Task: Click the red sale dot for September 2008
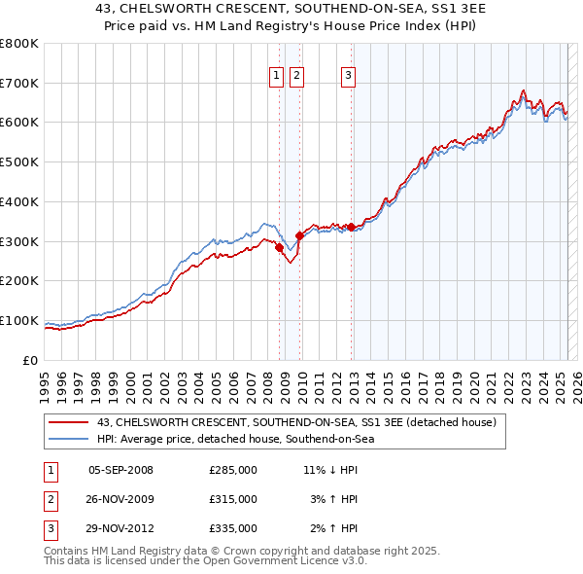click(279, 247)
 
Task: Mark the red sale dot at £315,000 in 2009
click(299, 235)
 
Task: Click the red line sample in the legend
click(68, 422)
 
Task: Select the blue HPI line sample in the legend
click(68, 439)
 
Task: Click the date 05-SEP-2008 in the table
click(120, 470)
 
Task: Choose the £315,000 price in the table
click(233, 499)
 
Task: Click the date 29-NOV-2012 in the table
click(120, 529)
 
